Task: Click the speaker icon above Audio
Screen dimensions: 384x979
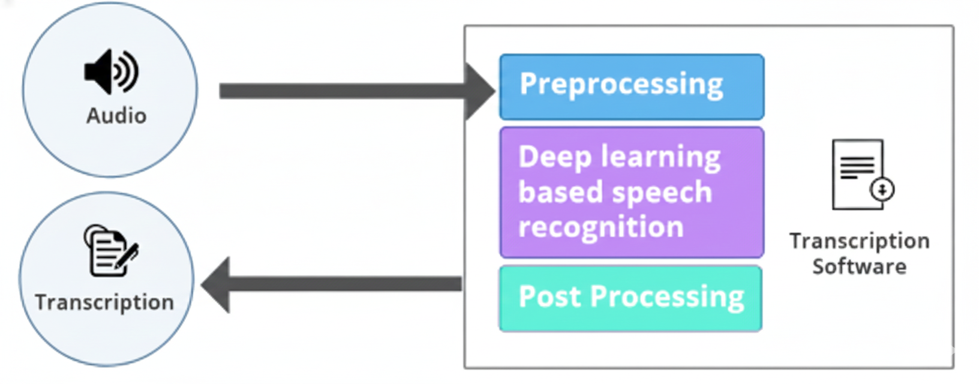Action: (111, 71)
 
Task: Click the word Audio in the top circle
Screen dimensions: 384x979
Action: (116, 116)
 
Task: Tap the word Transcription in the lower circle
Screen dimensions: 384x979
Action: (104, 302)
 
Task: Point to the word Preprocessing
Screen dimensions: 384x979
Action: (621, 85)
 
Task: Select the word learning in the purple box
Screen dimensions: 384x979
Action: (661, 157)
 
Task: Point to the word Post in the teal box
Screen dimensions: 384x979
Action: (549, 296)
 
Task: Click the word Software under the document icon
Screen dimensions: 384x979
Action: (859, 266)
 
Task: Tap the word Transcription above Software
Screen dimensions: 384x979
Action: (859, 241)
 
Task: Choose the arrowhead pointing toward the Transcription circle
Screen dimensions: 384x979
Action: (217, 285)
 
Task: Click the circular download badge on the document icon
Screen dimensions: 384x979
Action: (882, 190)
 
